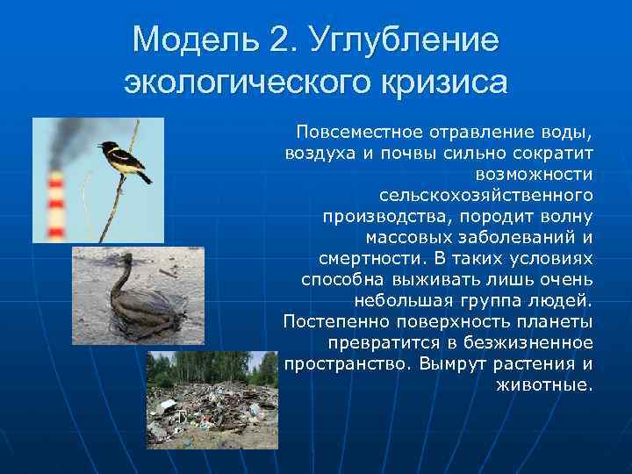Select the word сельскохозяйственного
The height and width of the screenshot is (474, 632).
(486, 194)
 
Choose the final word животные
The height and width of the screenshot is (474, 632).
(544, 384)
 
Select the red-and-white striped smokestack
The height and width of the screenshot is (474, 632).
(56, 203)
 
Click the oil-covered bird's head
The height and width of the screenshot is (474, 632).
(133, 259)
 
